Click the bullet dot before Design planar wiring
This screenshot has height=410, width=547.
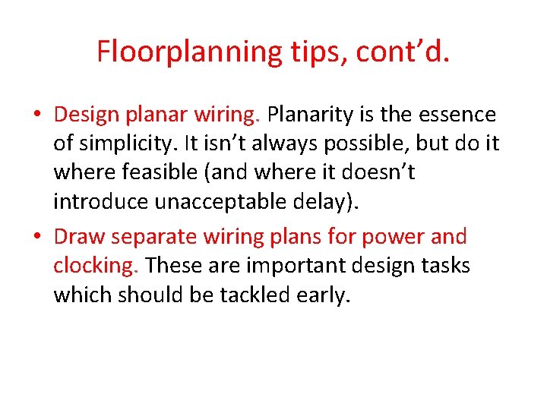(36, 116)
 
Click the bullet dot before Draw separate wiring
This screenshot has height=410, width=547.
(36, 237)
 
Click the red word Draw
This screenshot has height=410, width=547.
(80, 237)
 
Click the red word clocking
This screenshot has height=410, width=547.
(94, 266)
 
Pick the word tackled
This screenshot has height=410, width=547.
(254, 295)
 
